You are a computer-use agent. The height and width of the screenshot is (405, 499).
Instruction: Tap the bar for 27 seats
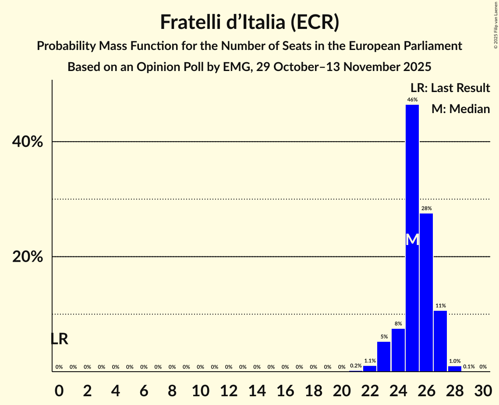(440, 341)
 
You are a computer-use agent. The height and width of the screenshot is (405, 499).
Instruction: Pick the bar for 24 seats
(398, 350)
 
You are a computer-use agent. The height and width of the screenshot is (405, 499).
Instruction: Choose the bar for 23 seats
(384, 356)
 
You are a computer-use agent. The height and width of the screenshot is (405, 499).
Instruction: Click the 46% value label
(412, 100)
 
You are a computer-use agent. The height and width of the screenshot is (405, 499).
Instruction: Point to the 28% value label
(426, 209)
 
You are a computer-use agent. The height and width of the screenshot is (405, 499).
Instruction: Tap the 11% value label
(440, 306)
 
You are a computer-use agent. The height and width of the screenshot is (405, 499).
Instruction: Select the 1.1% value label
(370, 361)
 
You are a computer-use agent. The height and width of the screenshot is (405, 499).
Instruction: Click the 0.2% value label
(356, 366)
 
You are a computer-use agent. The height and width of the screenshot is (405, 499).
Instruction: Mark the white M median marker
(412, 239)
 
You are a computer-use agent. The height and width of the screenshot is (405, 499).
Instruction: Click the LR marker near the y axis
(59, 339)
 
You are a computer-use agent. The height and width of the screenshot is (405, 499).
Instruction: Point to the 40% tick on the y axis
(28, 142)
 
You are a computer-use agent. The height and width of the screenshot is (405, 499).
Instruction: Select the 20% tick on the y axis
(28, 257)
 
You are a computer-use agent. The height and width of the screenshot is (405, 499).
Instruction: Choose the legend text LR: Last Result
(450, 88)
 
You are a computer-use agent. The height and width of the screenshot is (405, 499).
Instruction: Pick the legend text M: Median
(460, 109)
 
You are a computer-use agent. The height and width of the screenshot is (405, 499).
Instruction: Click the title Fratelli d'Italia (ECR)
(249, 22)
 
